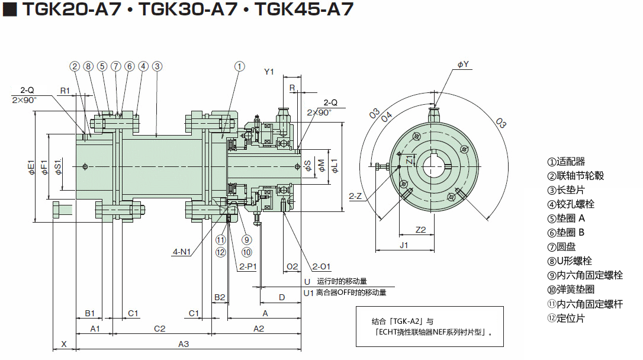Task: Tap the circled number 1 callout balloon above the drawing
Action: (239, 66)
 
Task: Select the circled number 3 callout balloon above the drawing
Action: (157, 66)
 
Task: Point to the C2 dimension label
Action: (160, 328)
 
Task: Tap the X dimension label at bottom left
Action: (64, 343)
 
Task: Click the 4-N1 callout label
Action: (182, 252)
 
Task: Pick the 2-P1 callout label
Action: (247, 266)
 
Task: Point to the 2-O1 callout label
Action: (321, 266)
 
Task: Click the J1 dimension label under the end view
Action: (404, 244)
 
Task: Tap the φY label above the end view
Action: (463, 64)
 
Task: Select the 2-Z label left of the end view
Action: (356, 196)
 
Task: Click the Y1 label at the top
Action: (269, 72)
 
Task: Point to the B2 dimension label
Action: (220, 297)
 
